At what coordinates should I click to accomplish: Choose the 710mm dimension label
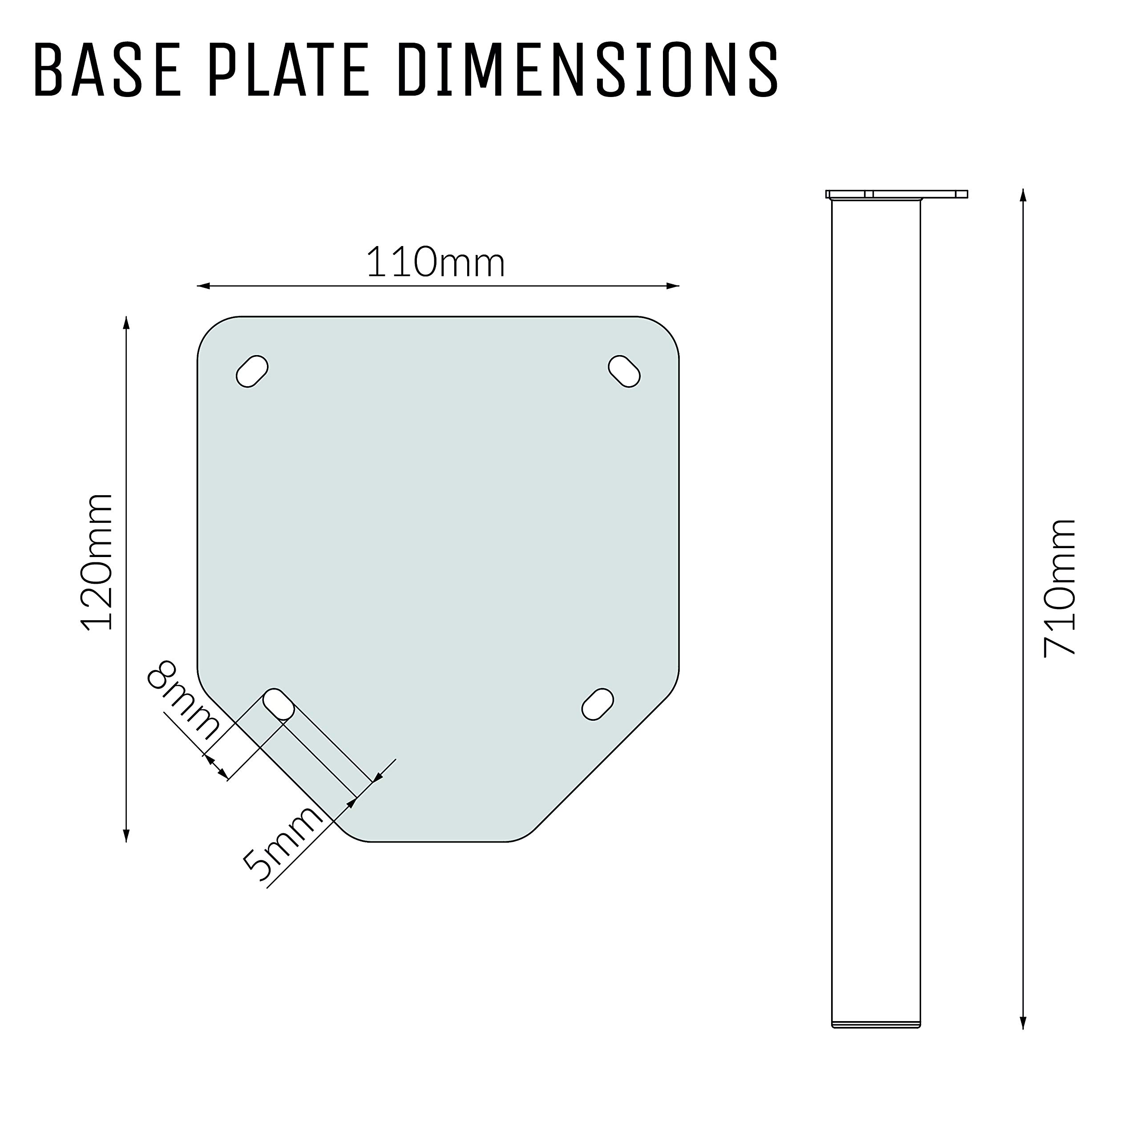[1059, 588]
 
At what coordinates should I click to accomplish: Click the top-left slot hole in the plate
[252, 371]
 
